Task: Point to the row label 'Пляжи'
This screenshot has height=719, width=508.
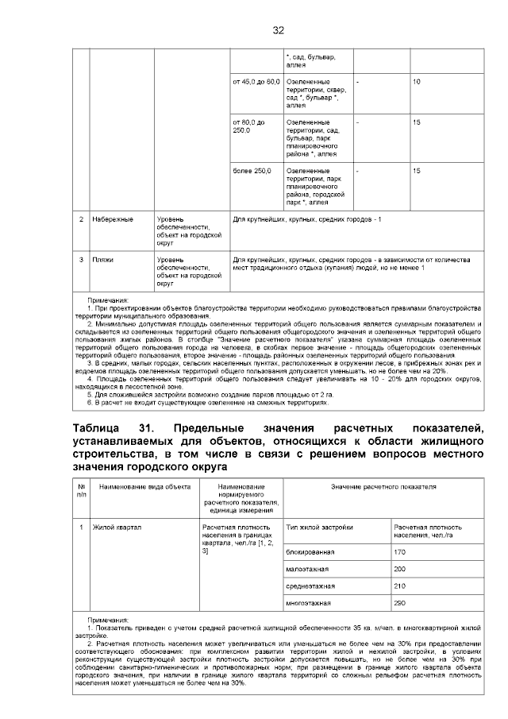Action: [x=102, y=260]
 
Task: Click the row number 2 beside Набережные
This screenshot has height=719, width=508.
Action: [x=81, y=218]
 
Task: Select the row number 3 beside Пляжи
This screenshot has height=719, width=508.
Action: [x=81, y=260]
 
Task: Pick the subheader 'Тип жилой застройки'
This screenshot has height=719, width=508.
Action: [x=318, y=528]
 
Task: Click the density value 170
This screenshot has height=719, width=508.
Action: [x=400, y=551]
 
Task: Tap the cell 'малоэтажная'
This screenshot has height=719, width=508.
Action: [x=307, y=569]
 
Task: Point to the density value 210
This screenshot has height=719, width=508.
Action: [x=400, y=586]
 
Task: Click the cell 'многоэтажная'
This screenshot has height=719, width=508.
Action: [x=309, y=603]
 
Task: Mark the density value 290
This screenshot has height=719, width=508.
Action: [x=400, y=603]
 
